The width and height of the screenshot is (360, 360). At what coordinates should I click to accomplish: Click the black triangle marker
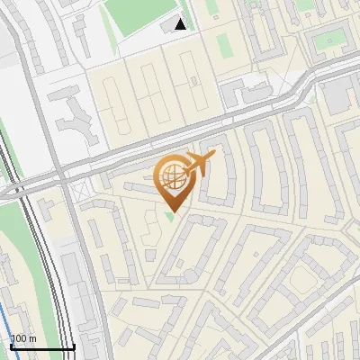pos(180,24)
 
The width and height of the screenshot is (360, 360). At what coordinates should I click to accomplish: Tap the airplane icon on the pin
pos(198,164)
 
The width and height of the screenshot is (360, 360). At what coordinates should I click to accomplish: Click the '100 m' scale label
pos(23,338)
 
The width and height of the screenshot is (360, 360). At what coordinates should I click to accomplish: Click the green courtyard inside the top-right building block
pos(331,40)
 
